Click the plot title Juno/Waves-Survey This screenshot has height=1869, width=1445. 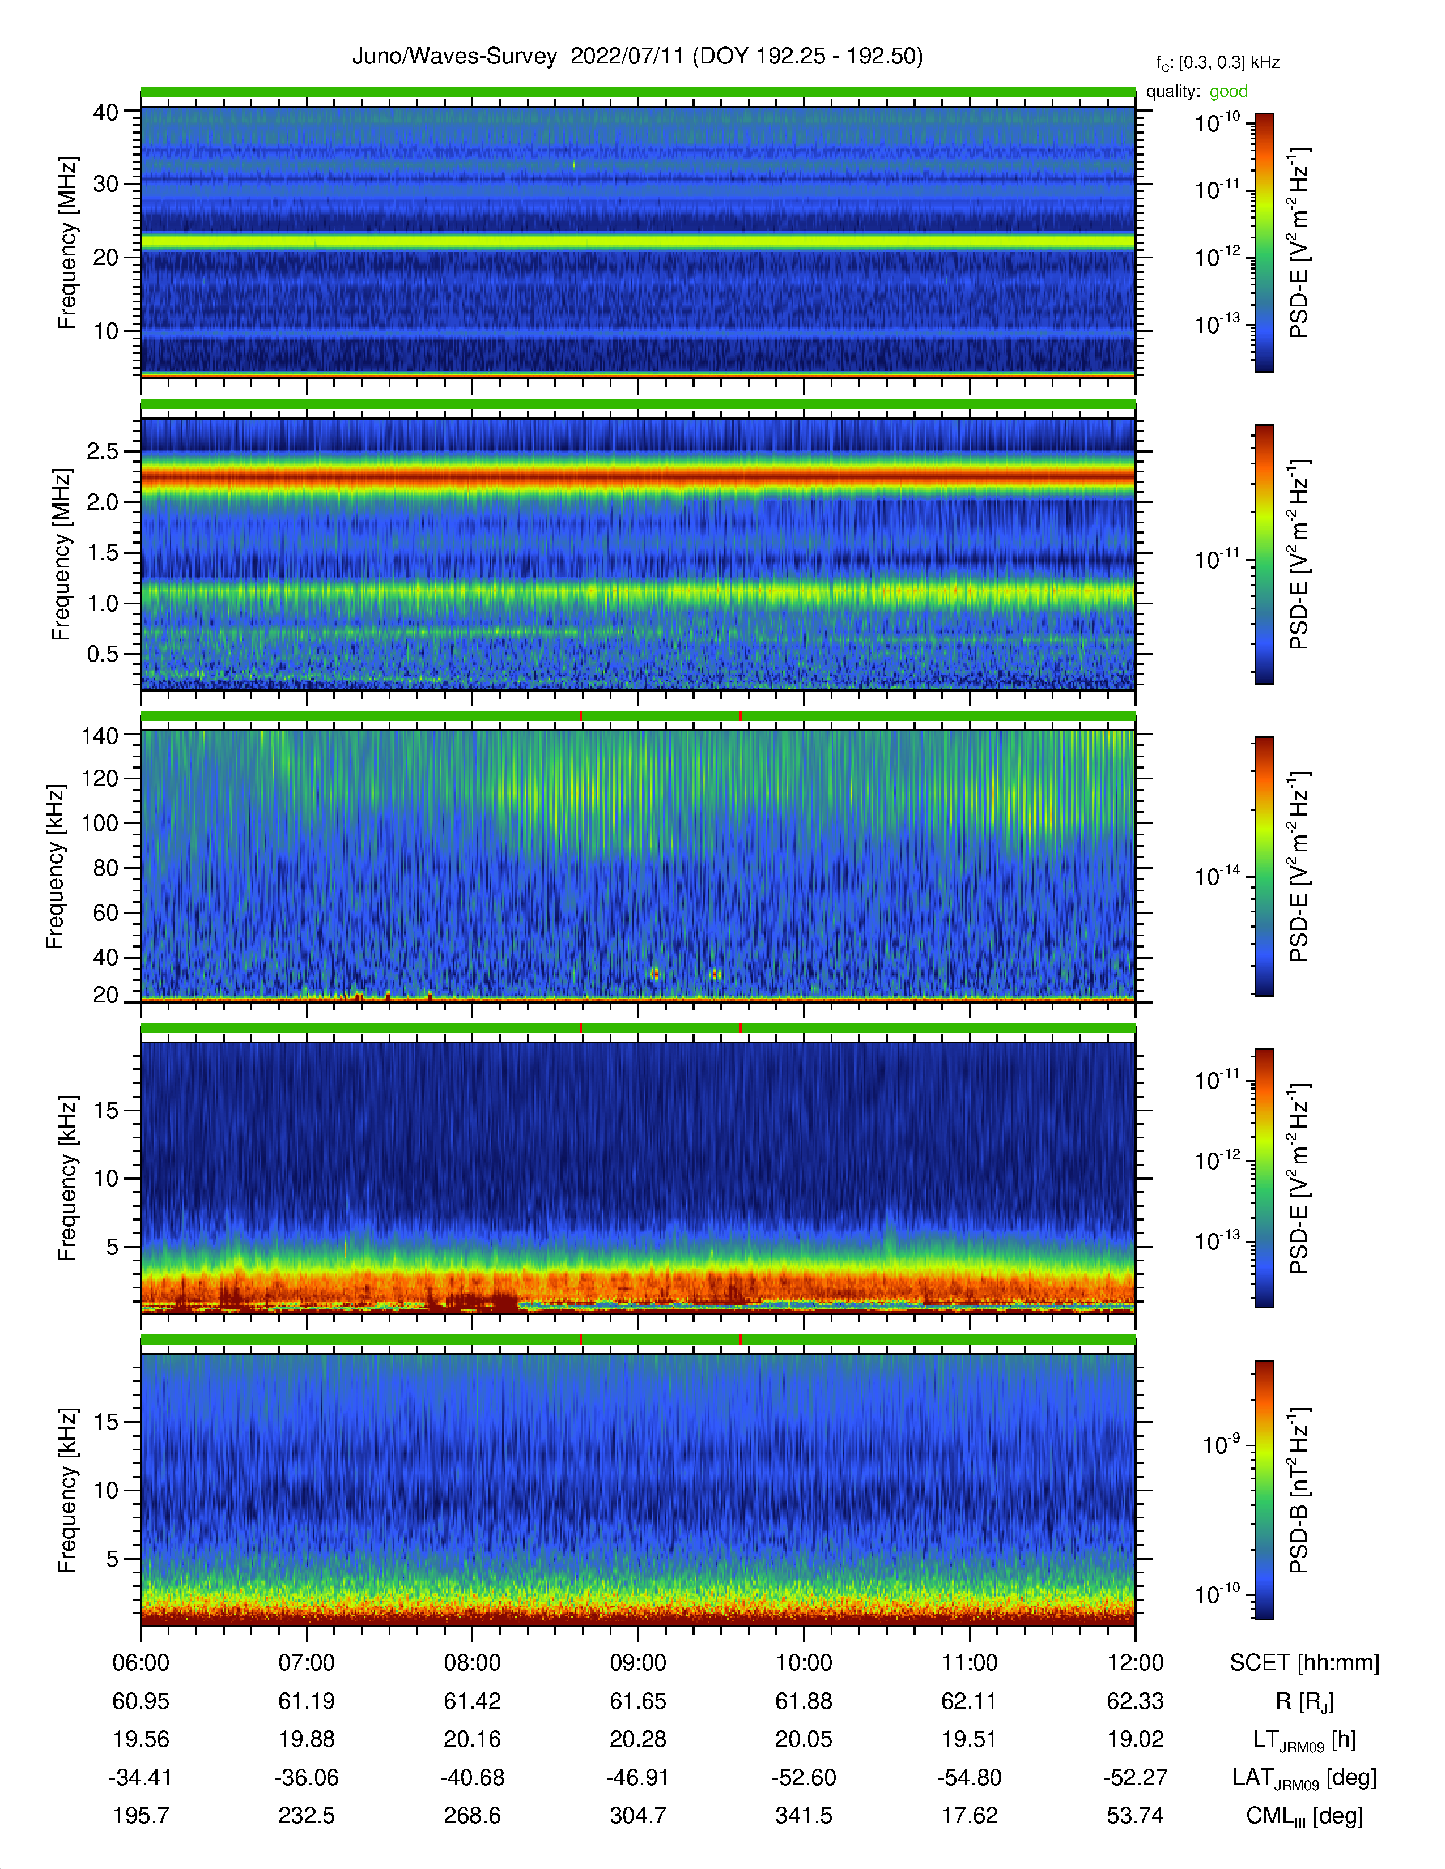pos(454,57)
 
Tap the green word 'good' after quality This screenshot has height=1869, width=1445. pos(1229,92)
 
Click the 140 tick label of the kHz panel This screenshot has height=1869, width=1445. pos(99,735)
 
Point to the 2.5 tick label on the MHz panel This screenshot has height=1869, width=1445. pos(103,451)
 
